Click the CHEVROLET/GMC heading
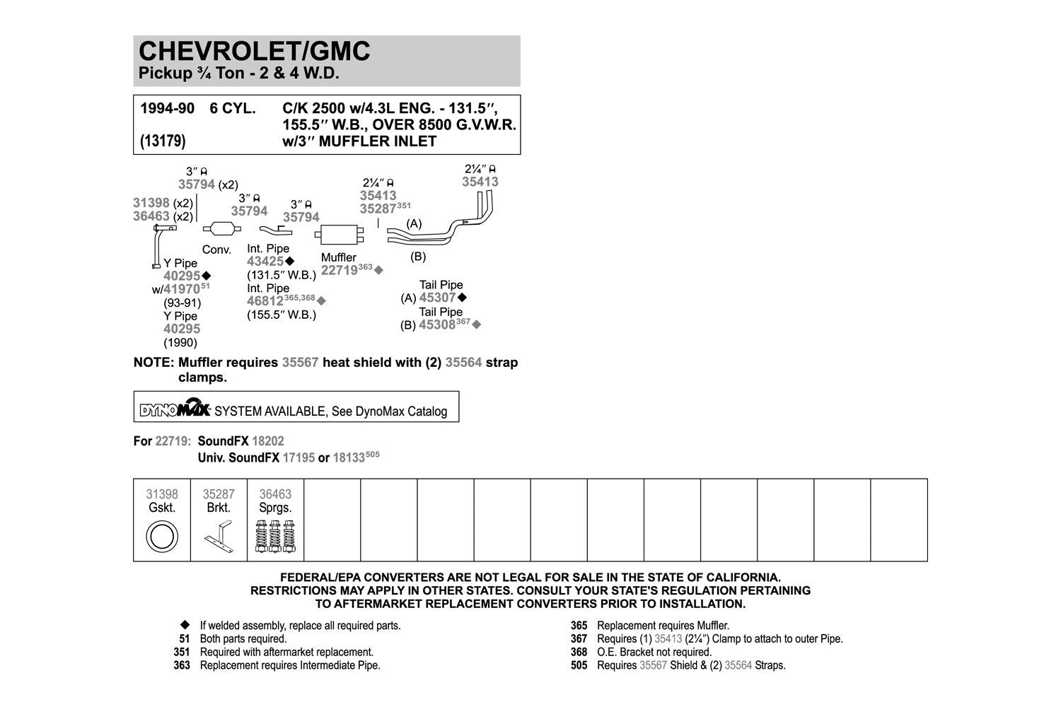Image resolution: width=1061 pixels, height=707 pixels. click(255, 51)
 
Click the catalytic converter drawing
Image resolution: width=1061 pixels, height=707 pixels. click(221, 228)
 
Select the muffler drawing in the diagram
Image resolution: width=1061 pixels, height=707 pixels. click(339, 235)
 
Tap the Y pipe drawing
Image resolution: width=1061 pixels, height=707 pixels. click(158, 246)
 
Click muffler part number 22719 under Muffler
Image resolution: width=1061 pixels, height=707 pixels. click(339, 271)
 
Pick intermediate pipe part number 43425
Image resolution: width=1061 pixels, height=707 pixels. click(265, 262)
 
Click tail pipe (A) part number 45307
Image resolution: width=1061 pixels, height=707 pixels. click(438, 298)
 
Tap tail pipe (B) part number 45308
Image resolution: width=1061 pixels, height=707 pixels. click(437, 325)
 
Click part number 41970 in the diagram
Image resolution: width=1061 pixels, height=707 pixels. click(182, 289)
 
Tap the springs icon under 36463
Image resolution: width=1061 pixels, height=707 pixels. click(275, 537)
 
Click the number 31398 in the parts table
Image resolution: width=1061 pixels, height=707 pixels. click(162, 494)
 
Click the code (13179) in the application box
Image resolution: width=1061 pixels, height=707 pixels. click(163, 141)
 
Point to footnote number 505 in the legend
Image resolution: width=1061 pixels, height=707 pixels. click(579, 665)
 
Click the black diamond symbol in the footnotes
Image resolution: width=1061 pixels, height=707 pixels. click(185, 625)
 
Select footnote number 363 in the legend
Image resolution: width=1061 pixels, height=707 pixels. click(182, 665)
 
